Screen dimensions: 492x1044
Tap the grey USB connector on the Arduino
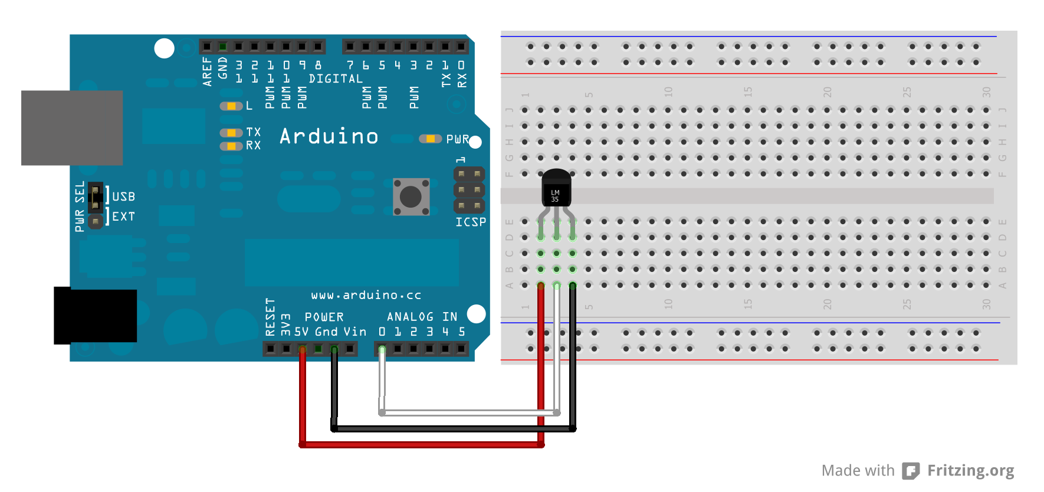(x=72, y=127)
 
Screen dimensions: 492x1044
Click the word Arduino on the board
(x=329, y=137)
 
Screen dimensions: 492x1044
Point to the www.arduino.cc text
(x=366, y=295)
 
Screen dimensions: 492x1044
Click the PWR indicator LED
(x=430, y=139)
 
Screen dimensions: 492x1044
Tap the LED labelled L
(x=231, y=106)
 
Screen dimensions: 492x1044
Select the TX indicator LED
(x=231, y=133)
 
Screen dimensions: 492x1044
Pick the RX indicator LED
(x=231, y=146)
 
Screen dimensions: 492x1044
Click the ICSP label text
(x=471, y=222)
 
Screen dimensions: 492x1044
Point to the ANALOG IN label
(x=422, y=317)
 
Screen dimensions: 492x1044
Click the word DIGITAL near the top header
(x=336, y=79)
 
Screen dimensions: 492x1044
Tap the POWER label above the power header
(x=324, y=317)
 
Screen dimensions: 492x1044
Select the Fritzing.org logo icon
(x=911, y=471)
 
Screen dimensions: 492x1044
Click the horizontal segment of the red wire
(x=422, y=445)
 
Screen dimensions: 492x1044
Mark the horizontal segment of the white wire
(x=469, y=412)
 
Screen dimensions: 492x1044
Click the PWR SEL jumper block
(x=95, y=198)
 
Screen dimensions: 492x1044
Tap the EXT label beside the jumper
(x=123, y=217)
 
